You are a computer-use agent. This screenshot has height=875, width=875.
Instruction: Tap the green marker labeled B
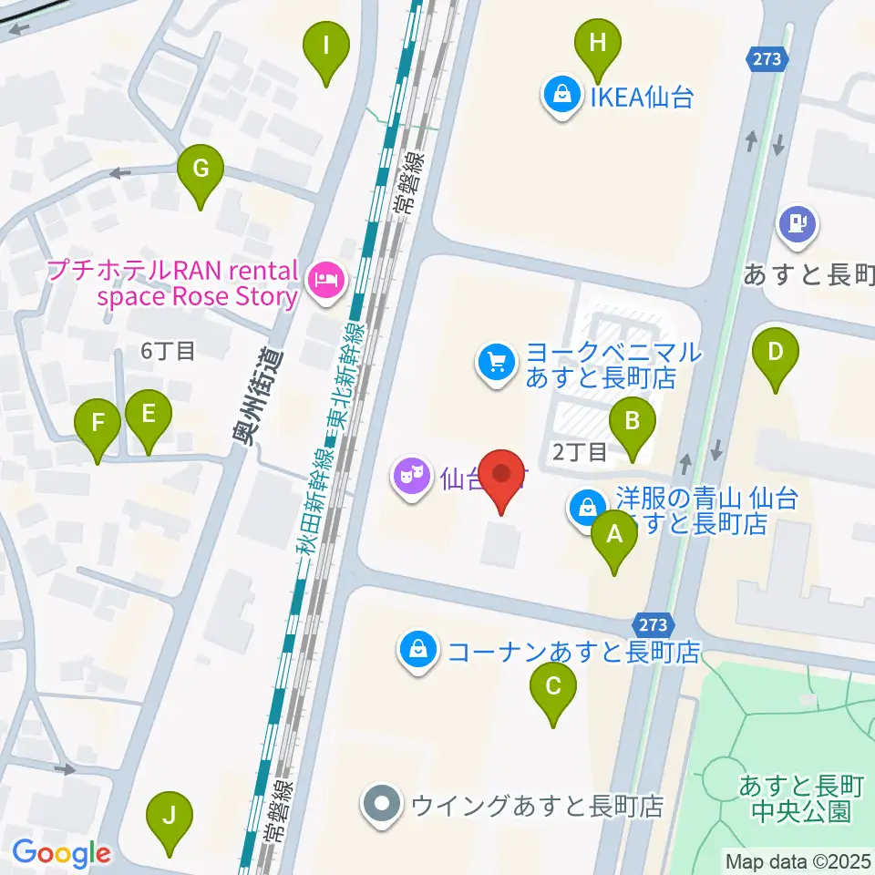(635, 422)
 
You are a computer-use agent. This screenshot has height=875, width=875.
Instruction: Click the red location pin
(501, 477)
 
